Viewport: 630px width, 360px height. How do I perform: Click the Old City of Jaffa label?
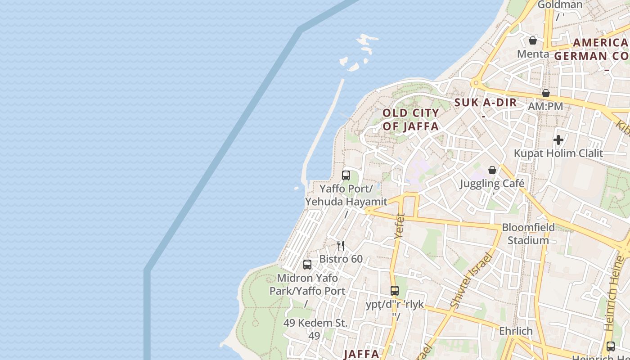(410, 120)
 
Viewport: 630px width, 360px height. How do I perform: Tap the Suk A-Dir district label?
(486, 103)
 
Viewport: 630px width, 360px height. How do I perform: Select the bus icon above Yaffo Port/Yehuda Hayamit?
(346, 175)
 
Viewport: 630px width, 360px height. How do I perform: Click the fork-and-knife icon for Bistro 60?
(341, 246)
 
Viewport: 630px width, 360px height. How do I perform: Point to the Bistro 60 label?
(341, 259)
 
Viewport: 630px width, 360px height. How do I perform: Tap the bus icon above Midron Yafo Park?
(307, 265)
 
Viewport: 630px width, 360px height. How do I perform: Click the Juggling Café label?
(492, 184)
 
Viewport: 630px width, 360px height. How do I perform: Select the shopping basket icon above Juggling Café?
(492, 170)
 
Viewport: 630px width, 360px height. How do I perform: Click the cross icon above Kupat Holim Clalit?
(558, 140)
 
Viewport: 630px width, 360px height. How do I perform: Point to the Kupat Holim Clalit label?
(558, 153)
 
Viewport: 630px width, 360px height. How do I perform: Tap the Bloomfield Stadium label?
(528, 234)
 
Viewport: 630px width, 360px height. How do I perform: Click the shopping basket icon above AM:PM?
(546, 93)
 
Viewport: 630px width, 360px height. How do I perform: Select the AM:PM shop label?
(546, 107)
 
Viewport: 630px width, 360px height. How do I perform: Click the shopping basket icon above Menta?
(533, 40)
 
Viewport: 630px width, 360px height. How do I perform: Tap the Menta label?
(533, 54)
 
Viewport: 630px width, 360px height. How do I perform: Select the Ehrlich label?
(516, 331)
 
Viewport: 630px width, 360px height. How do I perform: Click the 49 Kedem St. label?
(315, 323)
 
